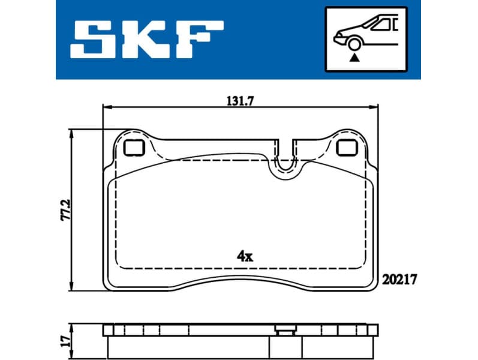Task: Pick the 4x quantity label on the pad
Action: point(245,256)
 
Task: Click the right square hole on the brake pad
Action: point(345,147)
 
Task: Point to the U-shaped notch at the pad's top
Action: point(287,161)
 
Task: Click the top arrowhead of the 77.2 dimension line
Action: point(72,133)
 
